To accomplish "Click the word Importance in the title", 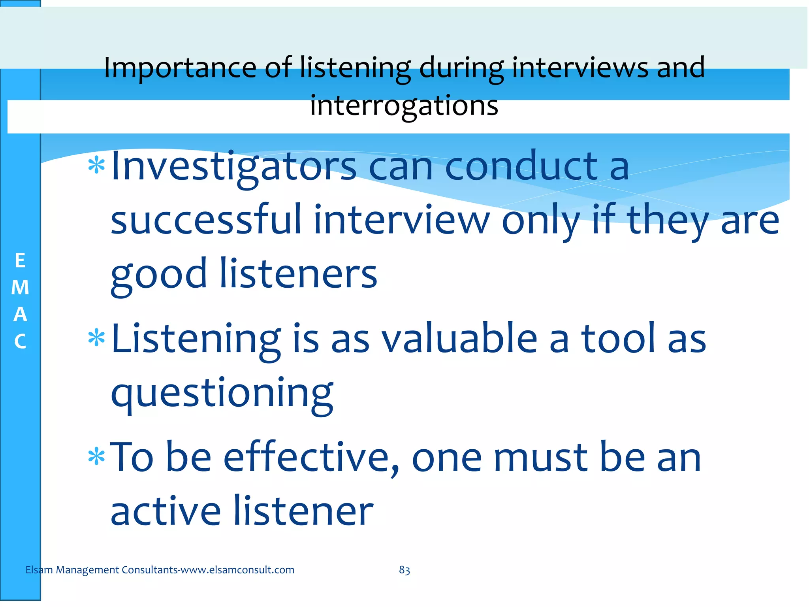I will click(x=180, y=68).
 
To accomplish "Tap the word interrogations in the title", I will click(x=404, y=106).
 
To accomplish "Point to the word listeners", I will click(x=298, y=273).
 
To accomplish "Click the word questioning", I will click(x=222, y=394).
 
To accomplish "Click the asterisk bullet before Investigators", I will click(x=96, y=166).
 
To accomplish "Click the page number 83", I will click(x=404, y=570).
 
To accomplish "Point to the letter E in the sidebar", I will click(x=20, y=261).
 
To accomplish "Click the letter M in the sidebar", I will click(x=20, y=288).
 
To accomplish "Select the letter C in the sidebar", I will click(x=20, y=341).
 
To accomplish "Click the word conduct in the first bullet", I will click(x=521, y=167).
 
